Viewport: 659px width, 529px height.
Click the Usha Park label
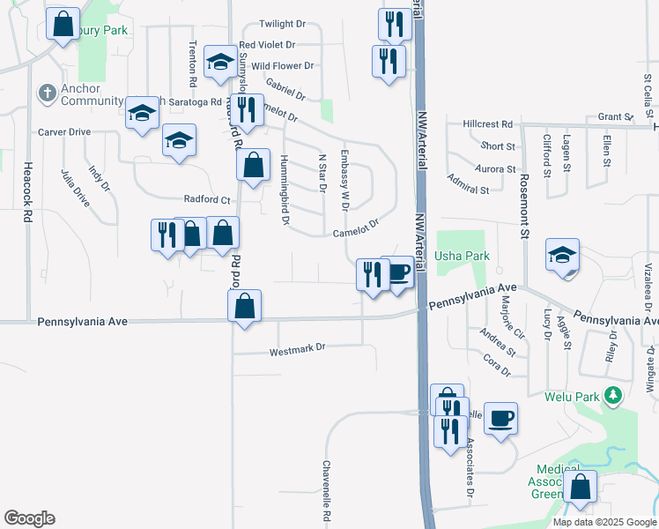(x=462, y=256)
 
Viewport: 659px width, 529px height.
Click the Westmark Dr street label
(x=297, y=348)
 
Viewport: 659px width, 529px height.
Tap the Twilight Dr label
(x=281, y=25)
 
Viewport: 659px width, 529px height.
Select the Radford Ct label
(x=206, y=200)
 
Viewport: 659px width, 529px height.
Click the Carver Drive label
(x=63, y=132)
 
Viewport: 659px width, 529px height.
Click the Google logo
(x=29, y=518)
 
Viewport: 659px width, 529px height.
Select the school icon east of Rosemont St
(x=562, y=255)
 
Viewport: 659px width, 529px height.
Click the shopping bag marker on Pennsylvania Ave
(x=245, y=306)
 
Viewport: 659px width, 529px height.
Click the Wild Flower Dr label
(x=283, y=66)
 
